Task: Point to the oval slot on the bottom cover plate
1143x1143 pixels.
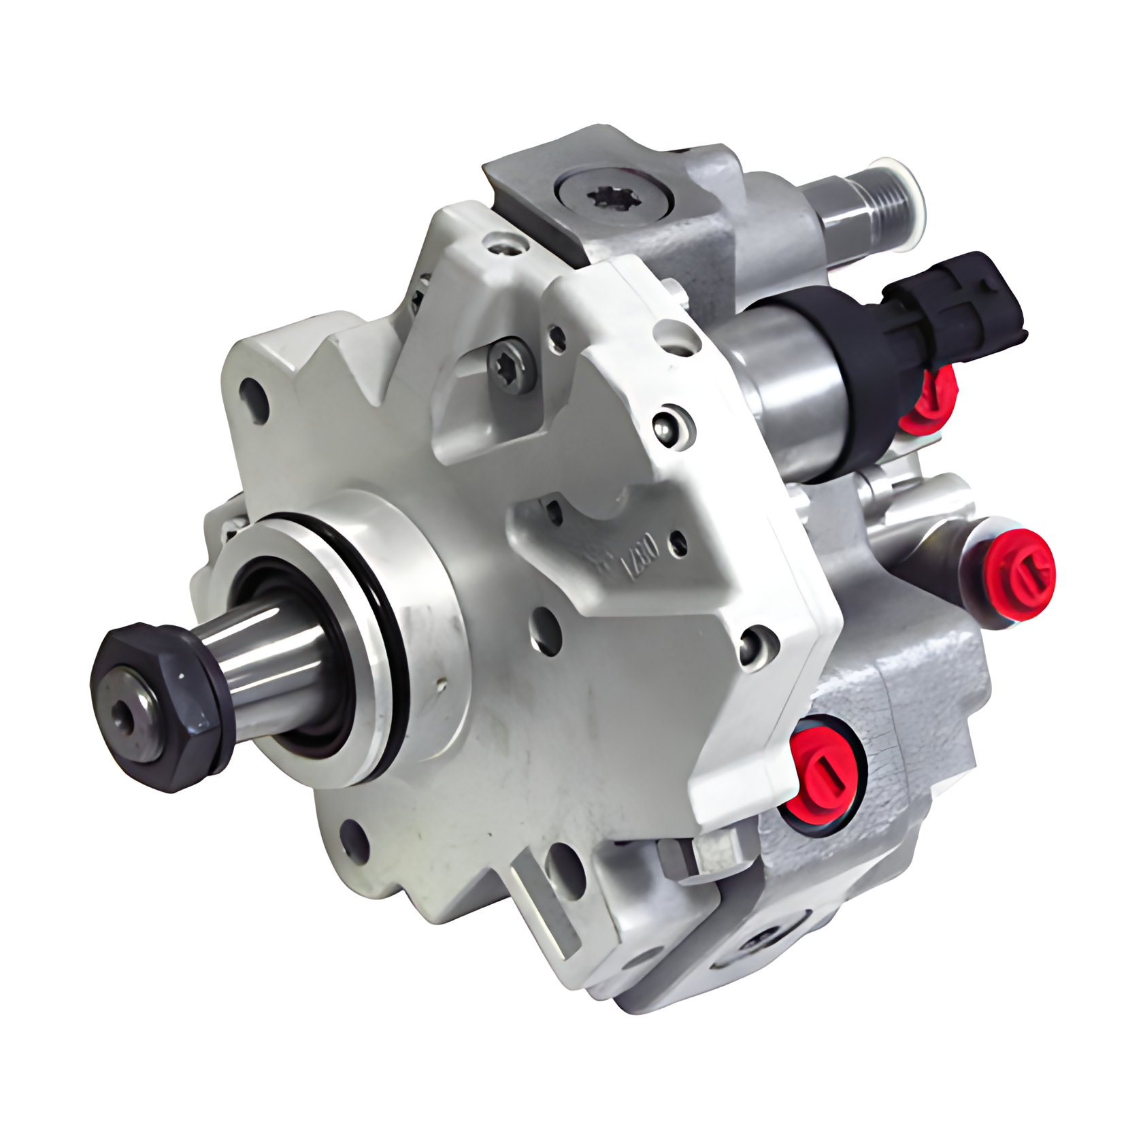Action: tap(755, 942)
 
